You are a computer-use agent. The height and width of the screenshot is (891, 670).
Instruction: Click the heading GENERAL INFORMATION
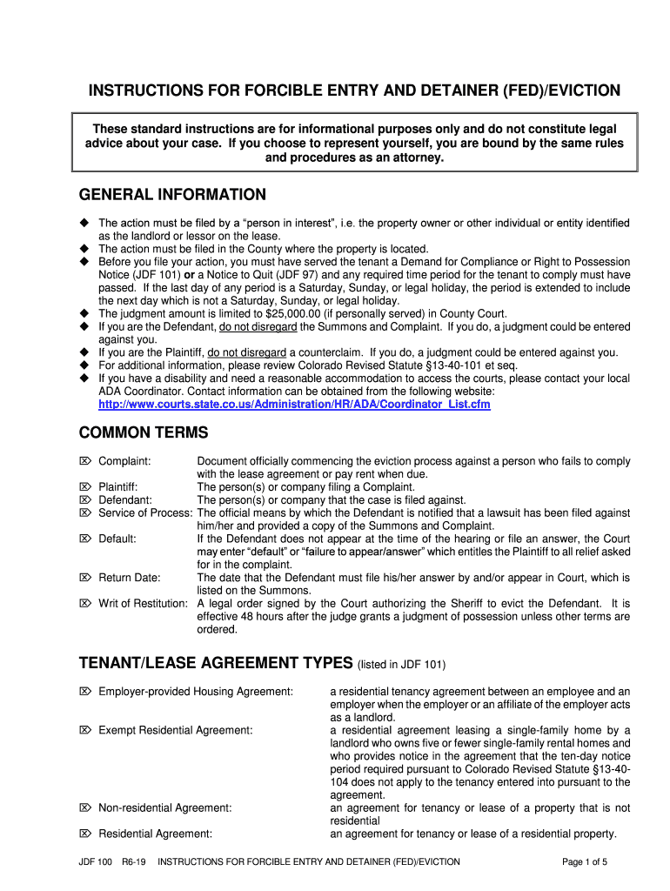tap(172, 194)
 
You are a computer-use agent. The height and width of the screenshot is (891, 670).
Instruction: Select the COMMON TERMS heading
tap(144, 432)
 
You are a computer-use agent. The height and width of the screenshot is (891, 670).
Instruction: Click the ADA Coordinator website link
tap(294, 405)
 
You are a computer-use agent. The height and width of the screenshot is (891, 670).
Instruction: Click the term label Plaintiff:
tap(118, 487)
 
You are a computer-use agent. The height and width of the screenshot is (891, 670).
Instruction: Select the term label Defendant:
tap(125, 500)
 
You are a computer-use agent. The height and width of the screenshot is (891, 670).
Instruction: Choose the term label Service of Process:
tap(144, 513)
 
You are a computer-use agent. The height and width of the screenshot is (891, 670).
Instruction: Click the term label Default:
tap(117, 539)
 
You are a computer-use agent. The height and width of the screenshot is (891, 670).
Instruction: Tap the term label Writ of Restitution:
tap(143, 604)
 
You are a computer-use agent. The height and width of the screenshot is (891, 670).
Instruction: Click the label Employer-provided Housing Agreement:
tap(196, 692)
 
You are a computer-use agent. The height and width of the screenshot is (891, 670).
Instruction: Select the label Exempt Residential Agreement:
tap(176, 730)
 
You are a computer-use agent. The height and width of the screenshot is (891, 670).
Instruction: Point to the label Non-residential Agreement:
tap(165, 808)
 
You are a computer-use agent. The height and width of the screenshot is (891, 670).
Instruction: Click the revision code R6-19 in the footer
tap(134, 862)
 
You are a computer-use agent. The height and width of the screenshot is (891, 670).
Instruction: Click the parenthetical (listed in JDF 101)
tap(401, 665)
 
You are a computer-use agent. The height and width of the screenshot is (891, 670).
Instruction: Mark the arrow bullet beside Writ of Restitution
tap(85, 604)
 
